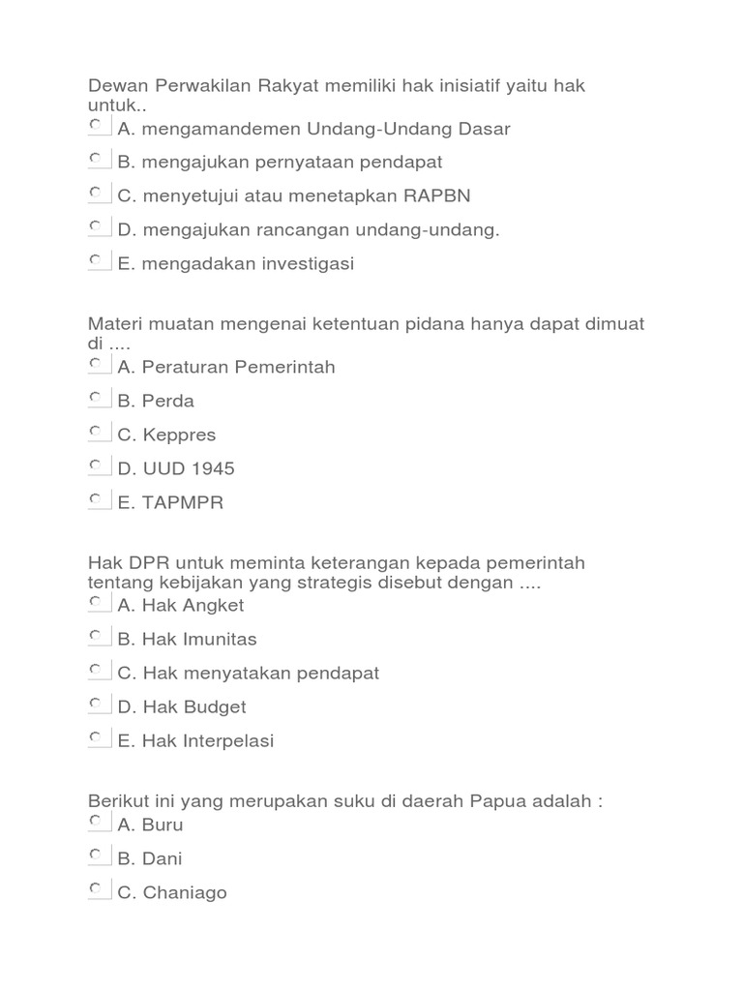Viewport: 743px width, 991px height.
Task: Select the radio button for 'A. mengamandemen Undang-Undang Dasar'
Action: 97,126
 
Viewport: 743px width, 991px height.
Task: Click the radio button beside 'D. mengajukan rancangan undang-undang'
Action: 97,227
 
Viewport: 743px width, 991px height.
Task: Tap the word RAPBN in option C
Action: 437,195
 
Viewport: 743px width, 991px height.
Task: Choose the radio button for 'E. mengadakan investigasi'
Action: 97,261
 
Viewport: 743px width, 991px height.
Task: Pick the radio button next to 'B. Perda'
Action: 97,399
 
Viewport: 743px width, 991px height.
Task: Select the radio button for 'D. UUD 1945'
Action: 97,466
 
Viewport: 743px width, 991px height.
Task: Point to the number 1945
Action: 212,468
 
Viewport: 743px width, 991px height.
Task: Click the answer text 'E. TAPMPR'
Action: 170,502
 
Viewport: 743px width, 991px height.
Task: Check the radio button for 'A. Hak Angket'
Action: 97,603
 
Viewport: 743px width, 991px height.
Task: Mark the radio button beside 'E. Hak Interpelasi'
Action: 97,738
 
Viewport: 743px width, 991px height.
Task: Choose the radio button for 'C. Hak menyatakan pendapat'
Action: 97,671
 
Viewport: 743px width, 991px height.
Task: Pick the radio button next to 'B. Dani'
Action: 97,856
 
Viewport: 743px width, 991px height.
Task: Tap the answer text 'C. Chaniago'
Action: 172,892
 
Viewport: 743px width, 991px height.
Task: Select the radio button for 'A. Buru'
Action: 97,823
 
